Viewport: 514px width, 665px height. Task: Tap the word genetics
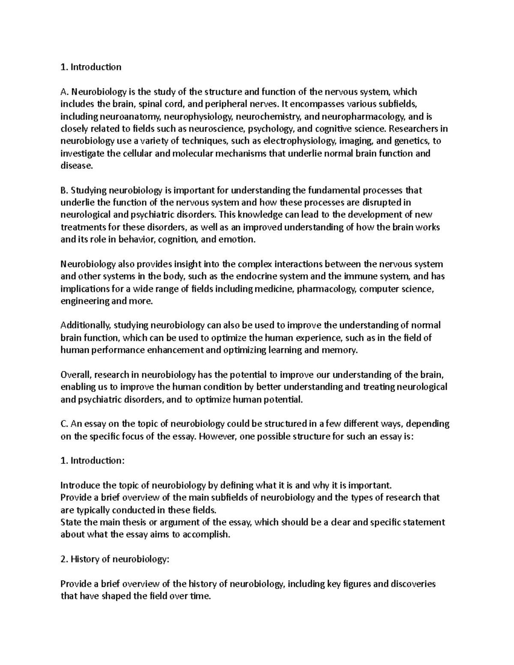[414, 141]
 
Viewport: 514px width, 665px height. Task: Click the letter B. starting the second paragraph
[64, 190]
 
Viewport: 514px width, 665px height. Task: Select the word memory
[341, 350]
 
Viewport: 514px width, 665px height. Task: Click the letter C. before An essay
[64, 424]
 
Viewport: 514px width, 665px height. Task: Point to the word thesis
[123, 522]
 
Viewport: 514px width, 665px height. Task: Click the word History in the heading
[84, 559]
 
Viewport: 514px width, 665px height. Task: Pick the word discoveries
[411, 584]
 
